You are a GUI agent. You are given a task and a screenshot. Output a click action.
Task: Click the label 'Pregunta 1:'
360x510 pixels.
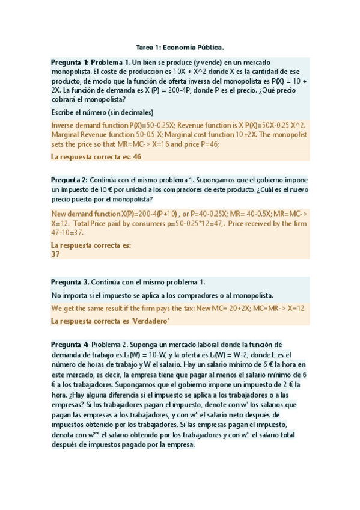(x=70, y=62)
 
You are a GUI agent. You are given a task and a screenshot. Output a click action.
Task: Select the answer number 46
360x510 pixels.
(x=136, y=157)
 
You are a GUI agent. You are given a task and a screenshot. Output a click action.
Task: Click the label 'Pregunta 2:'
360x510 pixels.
(x=70, y=180)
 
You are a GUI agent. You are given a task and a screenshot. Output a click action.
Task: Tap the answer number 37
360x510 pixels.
(x=56, y=254)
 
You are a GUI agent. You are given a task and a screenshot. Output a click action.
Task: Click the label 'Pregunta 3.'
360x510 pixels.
(x=70, y=282)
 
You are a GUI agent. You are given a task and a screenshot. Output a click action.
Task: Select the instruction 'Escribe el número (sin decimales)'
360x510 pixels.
(x=102, y=112)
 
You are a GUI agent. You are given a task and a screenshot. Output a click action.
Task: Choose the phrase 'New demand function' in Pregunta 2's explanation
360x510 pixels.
(x=86, y=214)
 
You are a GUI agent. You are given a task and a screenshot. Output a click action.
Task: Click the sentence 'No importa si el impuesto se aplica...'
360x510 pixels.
(x=162, y=295)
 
